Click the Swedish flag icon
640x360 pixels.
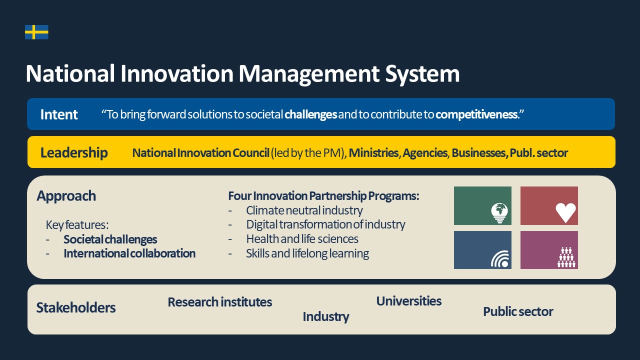36,32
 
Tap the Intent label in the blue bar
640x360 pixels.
59,114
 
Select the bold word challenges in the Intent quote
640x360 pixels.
310,114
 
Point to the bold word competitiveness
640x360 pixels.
476,114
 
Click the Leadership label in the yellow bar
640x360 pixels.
74,152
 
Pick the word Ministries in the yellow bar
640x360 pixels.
373,153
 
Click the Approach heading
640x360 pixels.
66,196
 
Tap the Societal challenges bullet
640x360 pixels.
110,239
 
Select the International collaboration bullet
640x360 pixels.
129,253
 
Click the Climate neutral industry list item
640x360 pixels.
304,210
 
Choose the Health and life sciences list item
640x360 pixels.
302,239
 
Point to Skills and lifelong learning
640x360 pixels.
307,253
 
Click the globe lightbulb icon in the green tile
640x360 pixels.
499,213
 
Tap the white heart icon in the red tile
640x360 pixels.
565,213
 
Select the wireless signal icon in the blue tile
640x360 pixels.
500,259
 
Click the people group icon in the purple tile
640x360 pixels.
566,257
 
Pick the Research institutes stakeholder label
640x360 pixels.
219,302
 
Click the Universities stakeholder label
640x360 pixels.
409,301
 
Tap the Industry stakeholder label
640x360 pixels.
325,317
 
